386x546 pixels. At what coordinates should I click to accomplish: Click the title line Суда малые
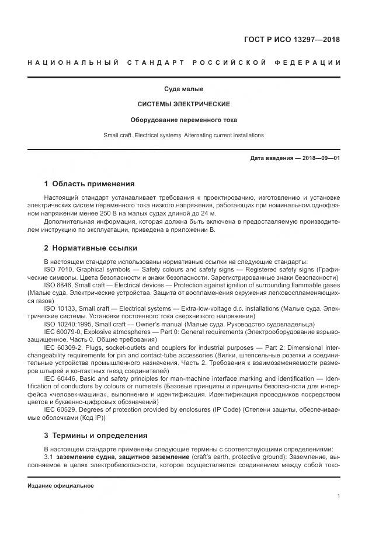(183, 89)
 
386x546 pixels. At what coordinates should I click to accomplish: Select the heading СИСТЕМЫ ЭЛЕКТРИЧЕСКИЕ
(183, 105)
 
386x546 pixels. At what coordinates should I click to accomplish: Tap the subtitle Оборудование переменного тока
(183, 120)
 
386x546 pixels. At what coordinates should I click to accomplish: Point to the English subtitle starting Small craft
(183, 135)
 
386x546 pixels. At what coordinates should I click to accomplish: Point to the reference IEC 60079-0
(62, 331)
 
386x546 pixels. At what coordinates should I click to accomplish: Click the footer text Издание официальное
(61, 486)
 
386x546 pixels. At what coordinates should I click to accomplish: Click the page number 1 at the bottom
(338, 496)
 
